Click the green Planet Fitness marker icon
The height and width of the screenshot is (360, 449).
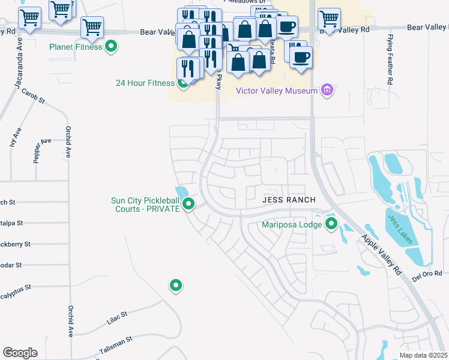coord(111,46)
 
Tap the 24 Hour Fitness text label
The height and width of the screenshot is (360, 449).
coord(145,83)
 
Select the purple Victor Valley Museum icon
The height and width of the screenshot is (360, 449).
coord(327,91)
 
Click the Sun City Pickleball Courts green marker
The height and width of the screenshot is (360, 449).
coord(189,205)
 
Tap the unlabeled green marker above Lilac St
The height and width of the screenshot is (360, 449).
coord(176,286)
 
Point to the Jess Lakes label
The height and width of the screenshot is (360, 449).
coord(400,229)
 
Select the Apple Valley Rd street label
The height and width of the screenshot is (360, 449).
coord(381,254)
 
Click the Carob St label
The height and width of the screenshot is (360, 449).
coord(34,97)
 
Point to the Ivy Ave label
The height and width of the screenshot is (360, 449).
coord(16,137)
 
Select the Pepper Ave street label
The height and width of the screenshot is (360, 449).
coord(42,151)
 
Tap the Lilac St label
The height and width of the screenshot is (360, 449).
coord(117,317)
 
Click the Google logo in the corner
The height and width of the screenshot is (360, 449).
coord(20,353)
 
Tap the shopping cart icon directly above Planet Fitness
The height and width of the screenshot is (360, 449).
coord(92,26)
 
